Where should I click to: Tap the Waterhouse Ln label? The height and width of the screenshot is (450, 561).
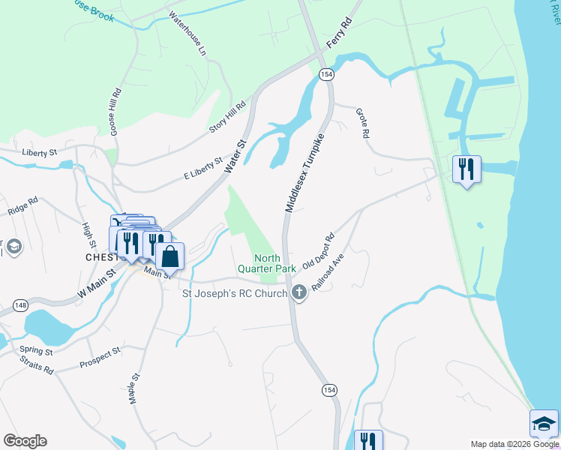[x=187, y=34]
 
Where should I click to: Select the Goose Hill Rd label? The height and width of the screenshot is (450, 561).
[x=115, y=112]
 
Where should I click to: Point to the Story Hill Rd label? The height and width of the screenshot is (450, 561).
[x=227, y=118]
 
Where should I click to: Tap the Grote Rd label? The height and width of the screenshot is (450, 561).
[x=363, y=123]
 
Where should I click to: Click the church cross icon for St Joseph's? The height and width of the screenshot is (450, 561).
[x=299, y=293]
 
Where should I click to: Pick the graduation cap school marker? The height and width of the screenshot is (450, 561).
[x=544, y=424]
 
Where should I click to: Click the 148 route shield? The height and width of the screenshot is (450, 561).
[x=20, y=304]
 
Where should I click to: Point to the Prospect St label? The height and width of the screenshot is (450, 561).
[x=100, y=358]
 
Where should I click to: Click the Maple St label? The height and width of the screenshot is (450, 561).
[x=135, y=390]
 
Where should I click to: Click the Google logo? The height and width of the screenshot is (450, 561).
[x=25, y=441]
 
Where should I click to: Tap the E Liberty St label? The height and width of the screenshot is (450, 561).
[x=203, y=167]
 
